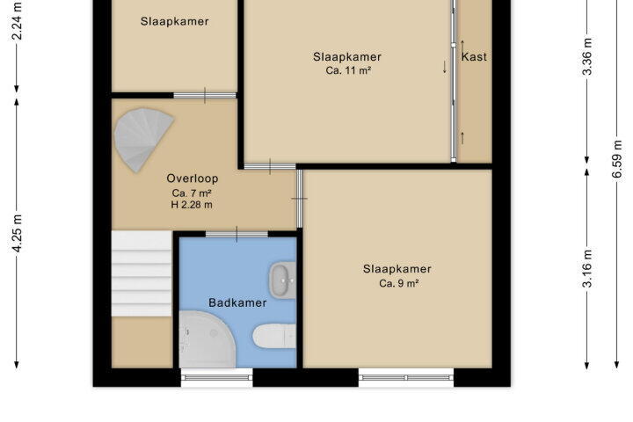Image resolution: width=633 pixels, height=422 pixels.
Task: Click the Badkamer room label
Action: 237,302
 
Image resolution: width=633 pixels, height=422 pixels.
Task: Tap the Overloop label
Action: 193,178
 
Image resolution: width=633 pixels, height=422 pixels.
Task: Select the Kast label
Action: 474,56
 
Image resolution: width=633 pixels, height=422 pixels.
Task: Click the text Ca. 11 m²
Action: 348,70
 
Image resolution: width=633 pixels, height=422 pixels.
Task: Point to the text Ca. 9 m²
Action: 398,283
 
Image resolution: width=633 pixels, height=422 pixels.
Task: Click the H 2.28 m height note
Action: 192,204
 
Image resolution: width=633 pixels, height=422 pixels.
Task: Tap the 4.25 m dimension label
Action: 17,233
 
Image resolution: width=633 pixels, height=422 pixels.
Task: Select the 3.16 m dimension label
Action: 587,268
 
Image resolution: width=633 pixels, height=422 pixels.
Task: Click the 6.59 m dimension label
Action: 617,159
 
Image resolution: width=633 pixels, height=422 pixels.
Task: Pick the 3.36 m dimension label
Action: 587,56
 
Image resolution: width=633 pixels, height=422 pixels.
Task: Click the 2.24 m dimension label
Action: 17,21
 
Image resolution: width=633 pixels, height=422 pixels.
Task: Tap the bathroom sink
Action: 282,280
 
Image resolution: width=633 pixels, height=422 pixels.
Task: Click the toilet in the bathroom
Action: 274,336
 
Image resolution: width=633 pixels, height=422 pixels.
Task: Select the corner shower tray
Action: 207,339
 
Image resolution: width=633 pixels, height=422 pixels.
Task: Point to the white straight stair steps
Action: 142,273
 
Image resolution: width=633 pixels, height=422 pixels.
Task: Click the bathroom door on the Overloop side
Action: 237,234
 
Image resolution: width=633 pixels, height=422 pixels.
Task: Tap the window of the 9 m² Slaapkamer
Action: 406,377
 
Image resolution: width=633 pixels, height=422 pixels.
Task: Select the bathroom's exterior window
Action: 217,377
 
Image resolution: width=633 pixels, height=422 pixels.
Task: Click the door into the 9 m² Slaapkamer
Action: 299,199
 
